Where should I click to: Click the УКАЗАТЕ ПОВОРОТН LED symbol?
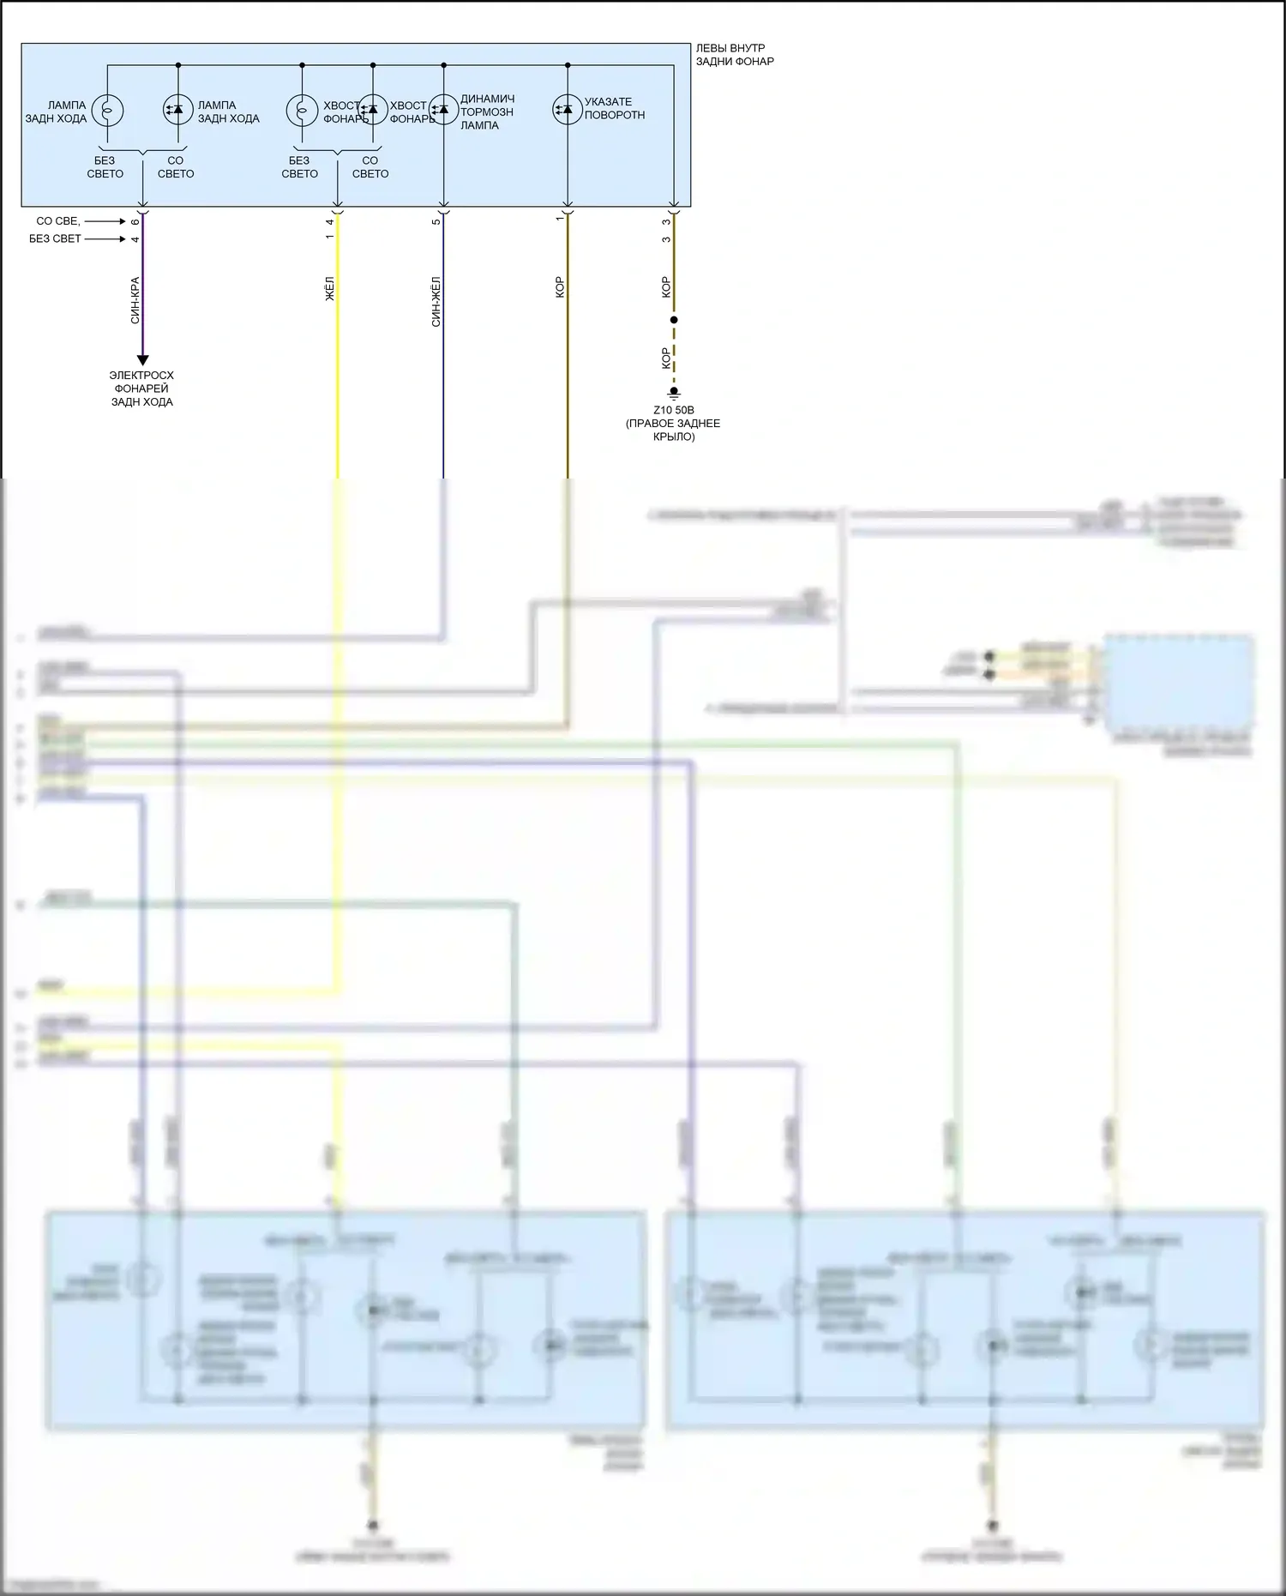(567, 109)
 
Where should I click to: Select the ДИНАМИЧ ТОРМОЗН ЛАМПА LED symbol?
(443, 109)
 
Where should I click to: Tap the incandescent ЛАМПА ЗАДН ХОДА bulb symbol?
(107, 110)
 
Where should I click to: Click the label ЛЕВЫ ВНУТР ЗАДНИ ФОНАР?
(734, 55)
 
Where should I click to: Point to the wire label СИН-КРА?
(135, 300)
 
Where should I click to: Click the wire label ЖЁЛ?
(330, 288)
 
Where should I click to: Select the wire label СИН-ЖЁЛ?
(436, 301)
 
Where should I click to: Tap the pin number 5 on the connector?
(436, 222)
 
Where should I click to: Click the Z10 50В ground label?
(674, 410)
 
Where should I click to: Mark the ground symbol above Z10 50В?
(674, 394)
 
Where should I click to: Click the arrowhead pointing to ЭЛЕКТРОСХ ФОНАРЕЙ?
(142, 360)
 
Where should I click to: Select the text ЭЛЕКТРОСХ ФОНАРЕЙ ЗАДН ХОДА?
(141, 388)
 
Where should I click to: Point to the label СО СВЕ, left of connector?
(58, 221)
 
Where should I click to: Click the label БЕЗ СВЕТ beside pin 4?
(55, 238)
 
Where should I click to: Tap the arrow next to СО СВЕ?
(105, 221)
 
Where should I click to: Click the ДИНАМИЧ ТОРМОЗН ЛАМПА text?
(487, 111)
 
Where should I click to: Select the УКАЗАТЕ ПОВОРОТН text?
(614, 108)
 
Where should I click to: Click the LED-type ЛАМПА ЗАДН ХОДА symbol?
(177, 110)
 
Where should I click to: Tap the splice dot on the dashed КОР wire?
(674, 320)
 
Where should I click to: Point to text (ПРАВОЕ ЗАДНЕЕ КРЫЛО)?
(673, 430)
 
